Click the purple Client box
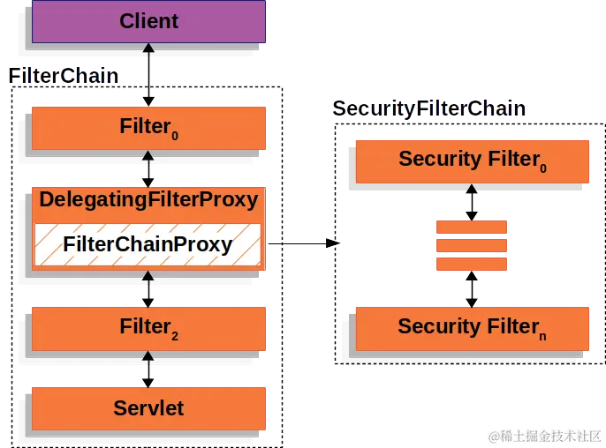point(149,21)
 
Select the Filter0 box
point(149,128)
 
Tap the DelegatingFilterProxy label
point(148,200)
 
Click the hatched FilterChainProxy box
point(148,244)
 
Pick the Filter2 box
point(149,328)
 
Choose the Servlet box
point(149,407)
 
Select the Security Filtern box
point(472,327)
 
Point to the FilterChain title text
point(64,75)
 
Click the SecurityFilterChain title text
point(429,108)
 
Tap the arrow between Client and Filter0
point(149,75)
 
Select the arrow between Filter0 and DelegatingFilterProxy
point(148,168)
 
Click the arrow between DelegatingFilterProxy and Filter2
point(148,288)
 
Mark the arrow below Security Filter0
point(472,202)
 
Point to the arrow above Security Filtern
point(472,289)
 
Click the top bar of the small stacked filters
point(472,228)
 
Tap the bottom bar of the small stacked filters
point(472,264)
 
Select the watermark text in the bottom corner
point(542,436)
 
